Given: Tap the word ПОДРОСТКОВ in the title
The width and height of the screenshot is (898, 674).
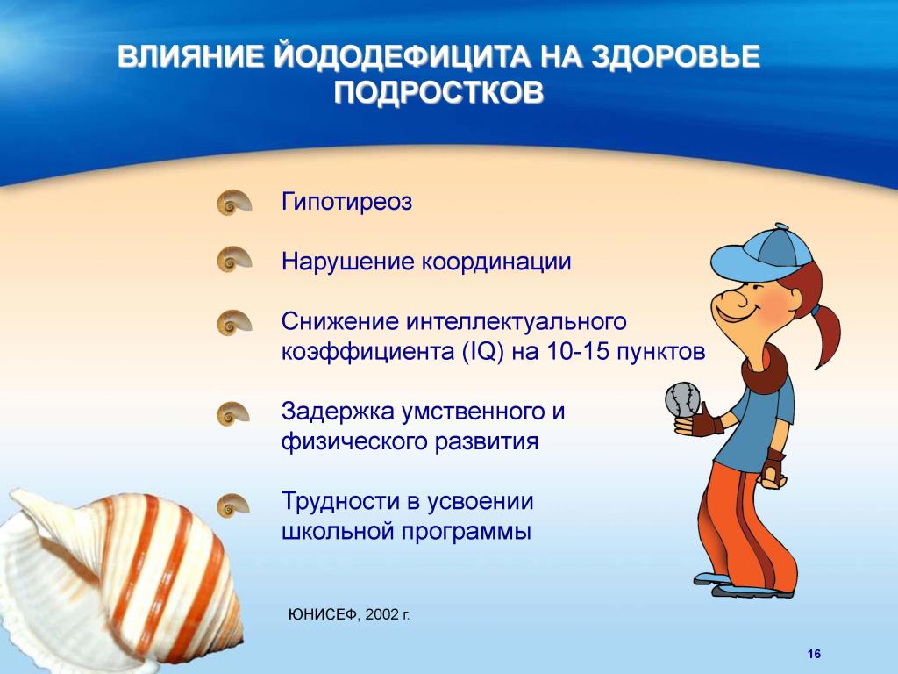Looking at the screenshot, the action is click(x=439, y=92).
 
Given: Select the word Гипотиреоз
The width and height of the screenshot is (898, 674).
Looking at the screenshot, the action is click(x=346, y=202).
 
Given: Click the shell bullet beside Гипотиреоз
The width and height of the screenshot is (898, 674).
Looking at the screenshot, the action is click(x=234, y=203).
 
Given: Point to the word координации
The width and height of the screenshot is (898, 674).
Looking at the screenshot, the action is click(x=496, y=262).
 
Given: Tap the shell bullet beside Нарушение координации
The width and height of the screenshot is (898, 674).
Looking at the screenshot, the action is click(x=234, y=259).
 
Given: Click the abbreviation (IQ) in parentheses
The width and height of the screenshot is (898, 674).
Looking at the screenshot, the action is click(x=483, y=351).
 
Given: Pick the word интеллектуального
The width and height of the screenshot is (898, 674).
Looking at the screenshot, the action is click(x=517, y=321).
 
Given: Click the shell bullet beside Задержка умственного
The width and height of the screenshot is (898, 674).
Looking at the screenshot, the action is click(x=233, y=413).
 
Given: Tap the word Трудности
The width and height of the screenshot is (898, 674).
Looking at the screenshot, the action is click(x=340, y=501).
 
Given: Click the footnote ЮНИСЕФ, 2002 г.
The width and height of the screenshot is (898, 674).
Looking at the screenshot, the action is click(x=349, y=614).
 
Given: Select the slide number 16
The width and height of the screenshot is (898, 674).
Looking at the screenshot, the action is click(x=814, y=654).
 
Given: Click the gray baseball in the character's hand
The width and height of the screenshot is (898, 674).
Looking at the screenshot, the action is click(x=682, y=398).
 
